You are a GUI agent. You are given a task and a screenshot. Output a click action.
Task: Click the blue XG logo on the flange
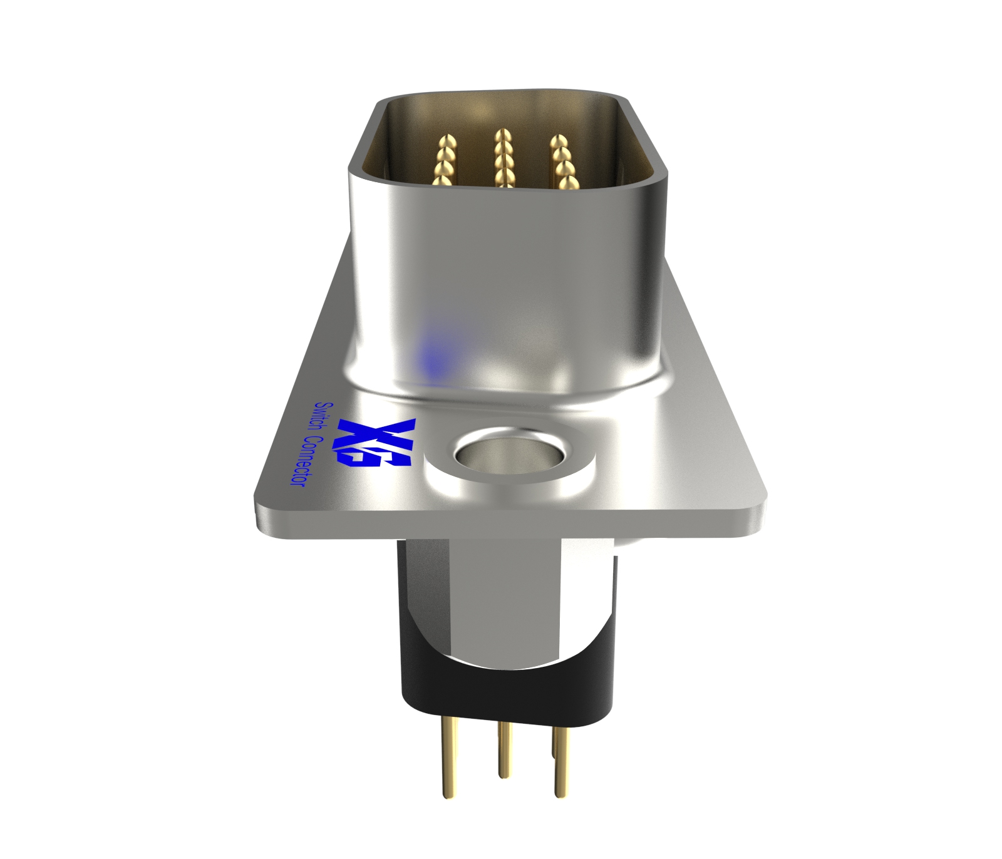374,443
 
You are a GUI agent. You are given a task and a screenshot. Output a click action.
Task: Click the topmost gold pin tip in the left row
447,140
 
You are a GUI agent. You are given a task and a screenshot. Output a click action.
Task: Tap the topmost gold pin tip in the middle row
502,135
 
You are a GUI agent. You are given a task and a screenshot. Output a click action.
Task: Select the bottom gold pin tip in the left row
442,181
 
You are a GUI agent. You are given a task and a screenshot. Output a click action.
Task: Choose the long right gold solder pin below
559,761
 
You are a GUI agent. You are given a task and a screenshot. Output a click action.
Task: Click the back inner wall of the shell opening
501,113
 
